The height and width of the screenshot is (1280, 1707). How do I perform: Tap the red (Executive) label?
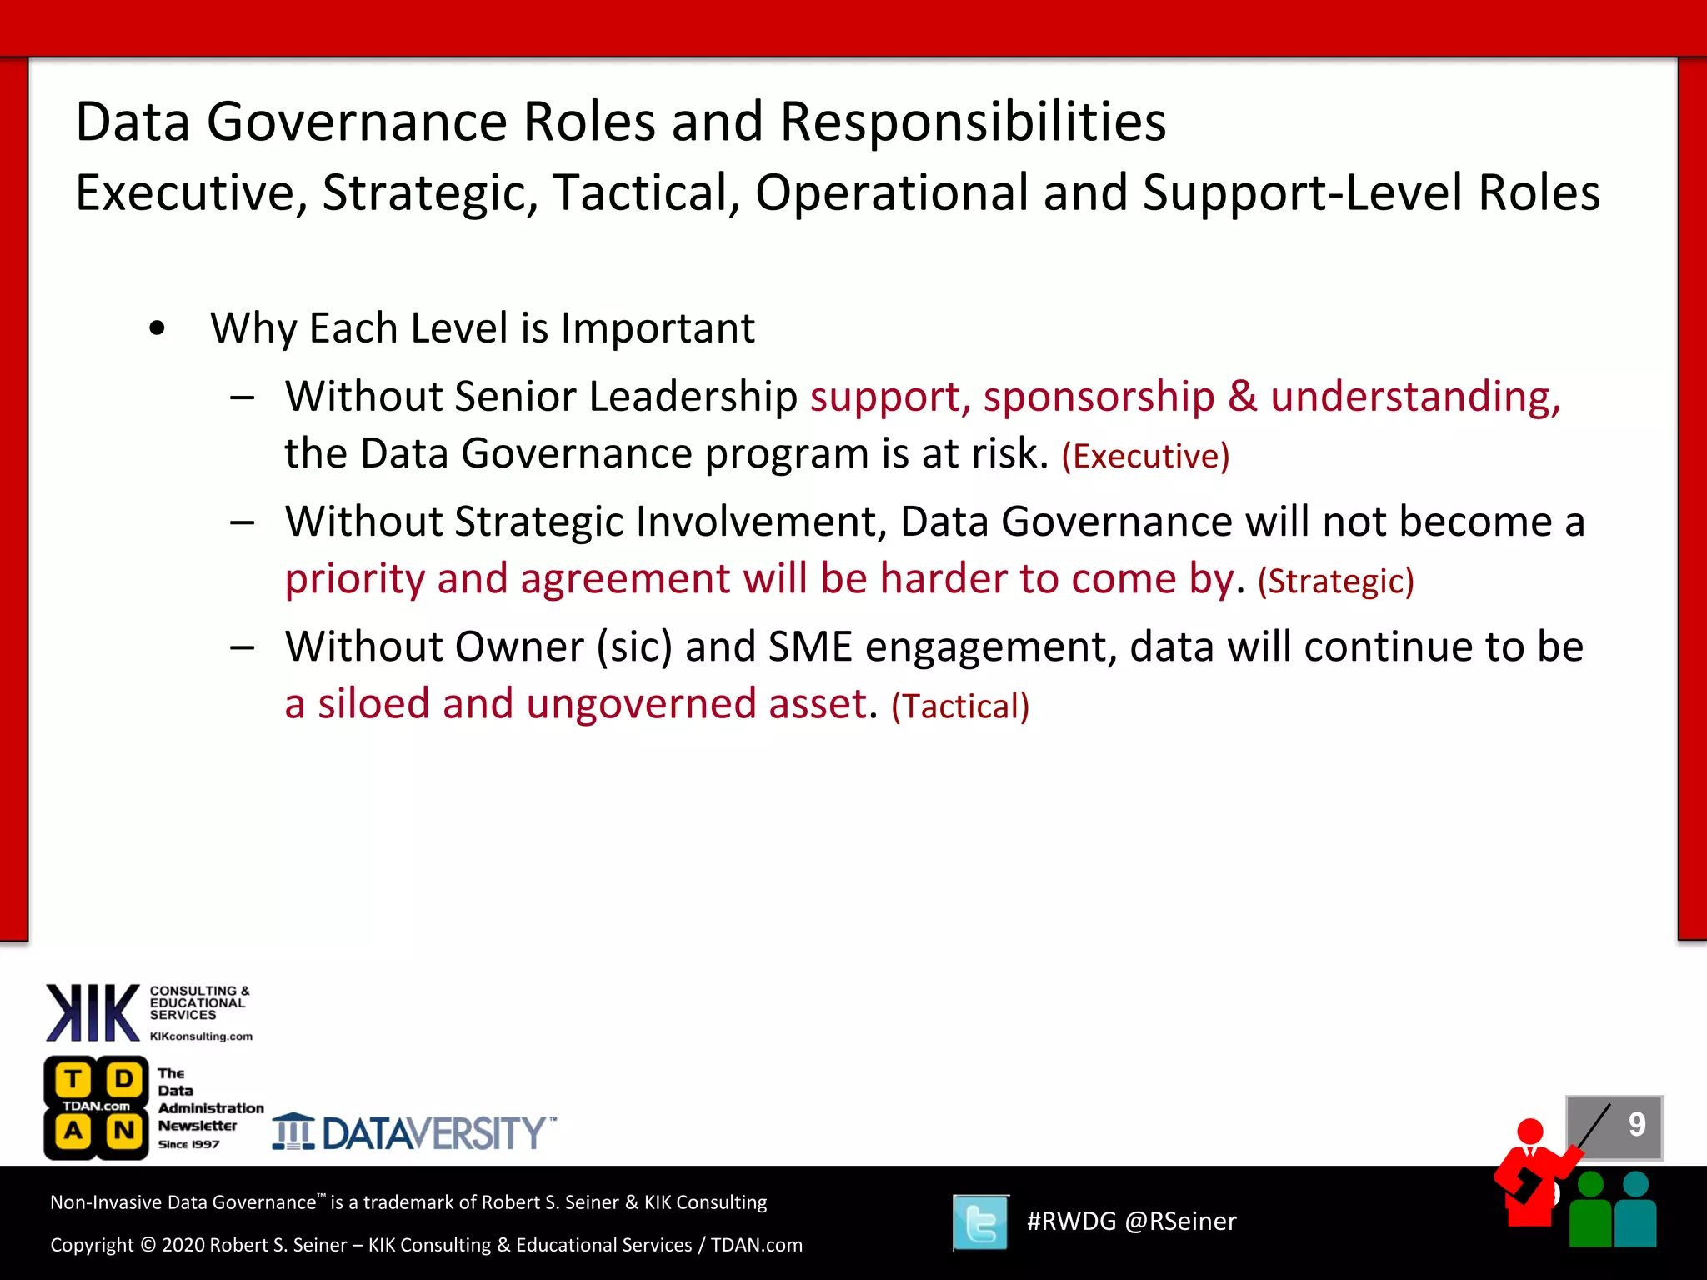[1145, 457]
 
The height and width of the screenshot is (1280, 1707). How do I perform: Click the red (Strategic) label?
[1335, 582]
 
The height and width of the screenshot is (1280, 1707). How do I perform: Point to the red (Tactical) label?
[960, 707]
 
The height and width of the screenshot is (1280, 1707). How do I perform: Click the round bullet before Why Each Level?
[157, 329]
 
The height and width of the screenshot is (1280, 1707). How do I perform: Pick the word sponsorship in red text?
[1099, 397]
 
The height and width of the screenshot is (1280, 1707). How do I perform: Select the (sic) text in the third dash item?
[634, 647]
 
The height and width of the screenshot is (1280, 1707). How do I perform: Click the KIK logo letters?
[93, 1012]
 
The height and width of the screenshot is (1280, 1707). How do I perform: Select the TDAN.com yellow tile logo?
[97, 1107]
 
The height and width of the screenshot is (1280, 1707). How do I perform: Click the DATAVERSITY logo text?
[433, 1133]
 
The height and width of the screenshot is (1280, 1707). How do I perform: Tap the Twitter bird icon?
[981, 1222]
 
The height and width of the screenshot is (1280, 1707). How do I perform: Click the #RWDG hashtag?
[1071, 1222]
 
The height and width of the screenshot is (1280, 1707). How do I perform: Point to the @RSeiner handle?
[1180, 1222]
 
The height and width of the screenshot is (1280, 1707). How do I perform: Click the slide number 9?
[1637, 1125]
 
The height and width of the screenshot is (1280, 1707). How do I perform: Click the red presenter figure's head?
[1530, 1131]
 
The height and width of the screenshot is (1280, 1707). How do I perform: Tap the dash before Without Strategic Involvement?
[243, 523]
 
